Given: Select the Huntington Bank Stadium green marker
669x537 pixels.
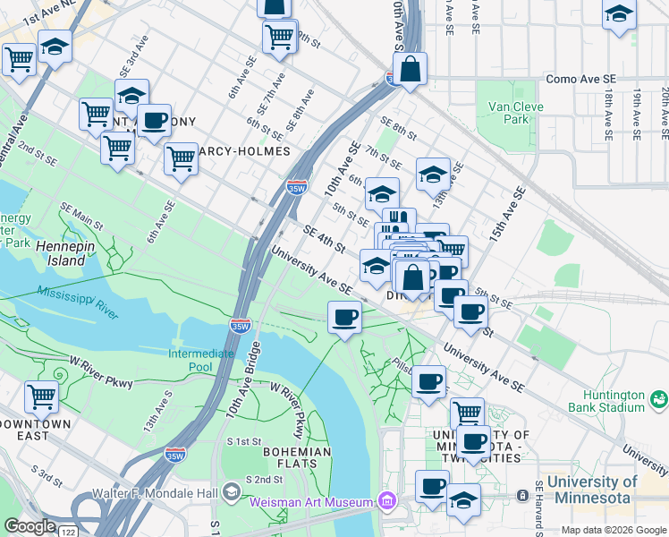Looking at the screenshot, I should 659,398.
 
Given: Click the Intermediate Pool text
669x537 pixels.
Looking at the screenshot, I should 202,360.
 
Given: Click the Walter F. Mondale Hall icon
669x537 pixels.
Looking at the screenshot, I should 232,491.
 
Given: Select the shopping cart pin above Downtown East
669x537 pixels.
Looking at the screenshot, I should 40,395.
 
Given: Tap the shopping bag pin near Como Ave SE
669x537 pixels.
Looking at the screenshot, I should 410,70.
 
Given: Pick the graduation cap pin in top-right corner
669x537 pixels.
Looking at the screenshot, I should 618,15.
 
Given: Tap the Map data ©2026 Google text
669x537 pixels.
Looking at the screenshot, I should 614,530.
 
